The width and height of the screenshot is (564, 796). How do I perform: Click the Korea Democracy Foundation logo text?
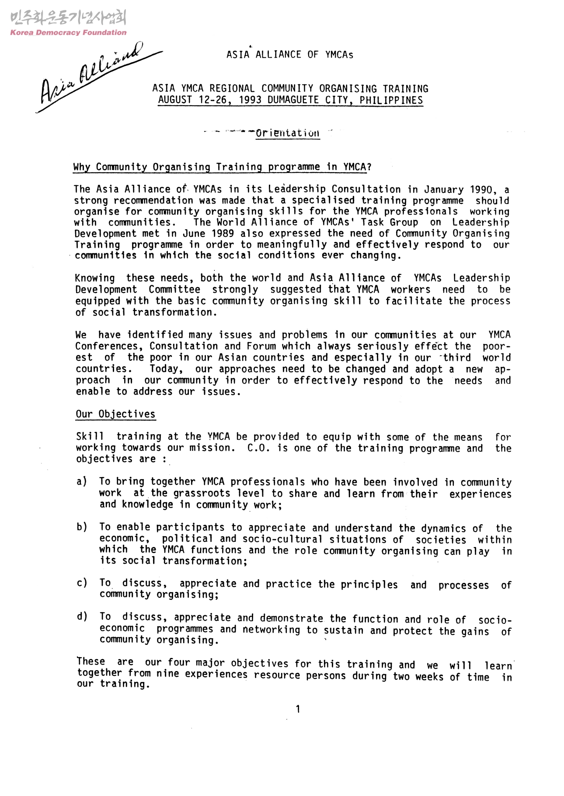(68, 32)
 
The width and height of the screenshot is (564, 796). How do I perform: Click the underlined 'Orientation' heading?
(287, 133)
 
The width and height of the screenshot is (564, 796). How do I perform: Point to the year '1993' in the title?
(251, 100)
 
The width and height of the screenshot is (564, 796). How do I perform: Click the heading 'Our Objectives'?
(115, 414)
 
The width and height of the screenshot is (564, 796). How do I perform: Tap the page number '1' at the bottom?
(298, 709)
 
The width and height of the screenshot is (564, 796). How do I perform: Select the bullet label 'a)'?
(81, 481)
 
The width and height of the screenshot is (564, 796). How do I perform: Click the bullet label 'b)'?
(81, 527)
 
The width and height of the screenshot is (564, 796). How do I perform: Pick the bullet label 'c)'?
(81, 583)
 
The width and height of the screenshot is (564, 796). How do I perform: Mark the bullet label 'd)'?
(81, 616)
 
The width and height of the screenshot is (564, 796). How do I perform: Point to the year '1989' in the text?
(220, 233)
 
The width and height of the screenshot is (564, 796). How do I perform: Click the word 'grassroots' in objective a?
(202, 493)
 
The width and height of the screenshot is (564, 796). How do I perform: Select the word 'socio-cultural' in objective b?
(282, 539)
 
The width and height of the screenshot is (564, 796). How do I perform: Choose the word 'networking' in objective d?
(272, 630)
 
